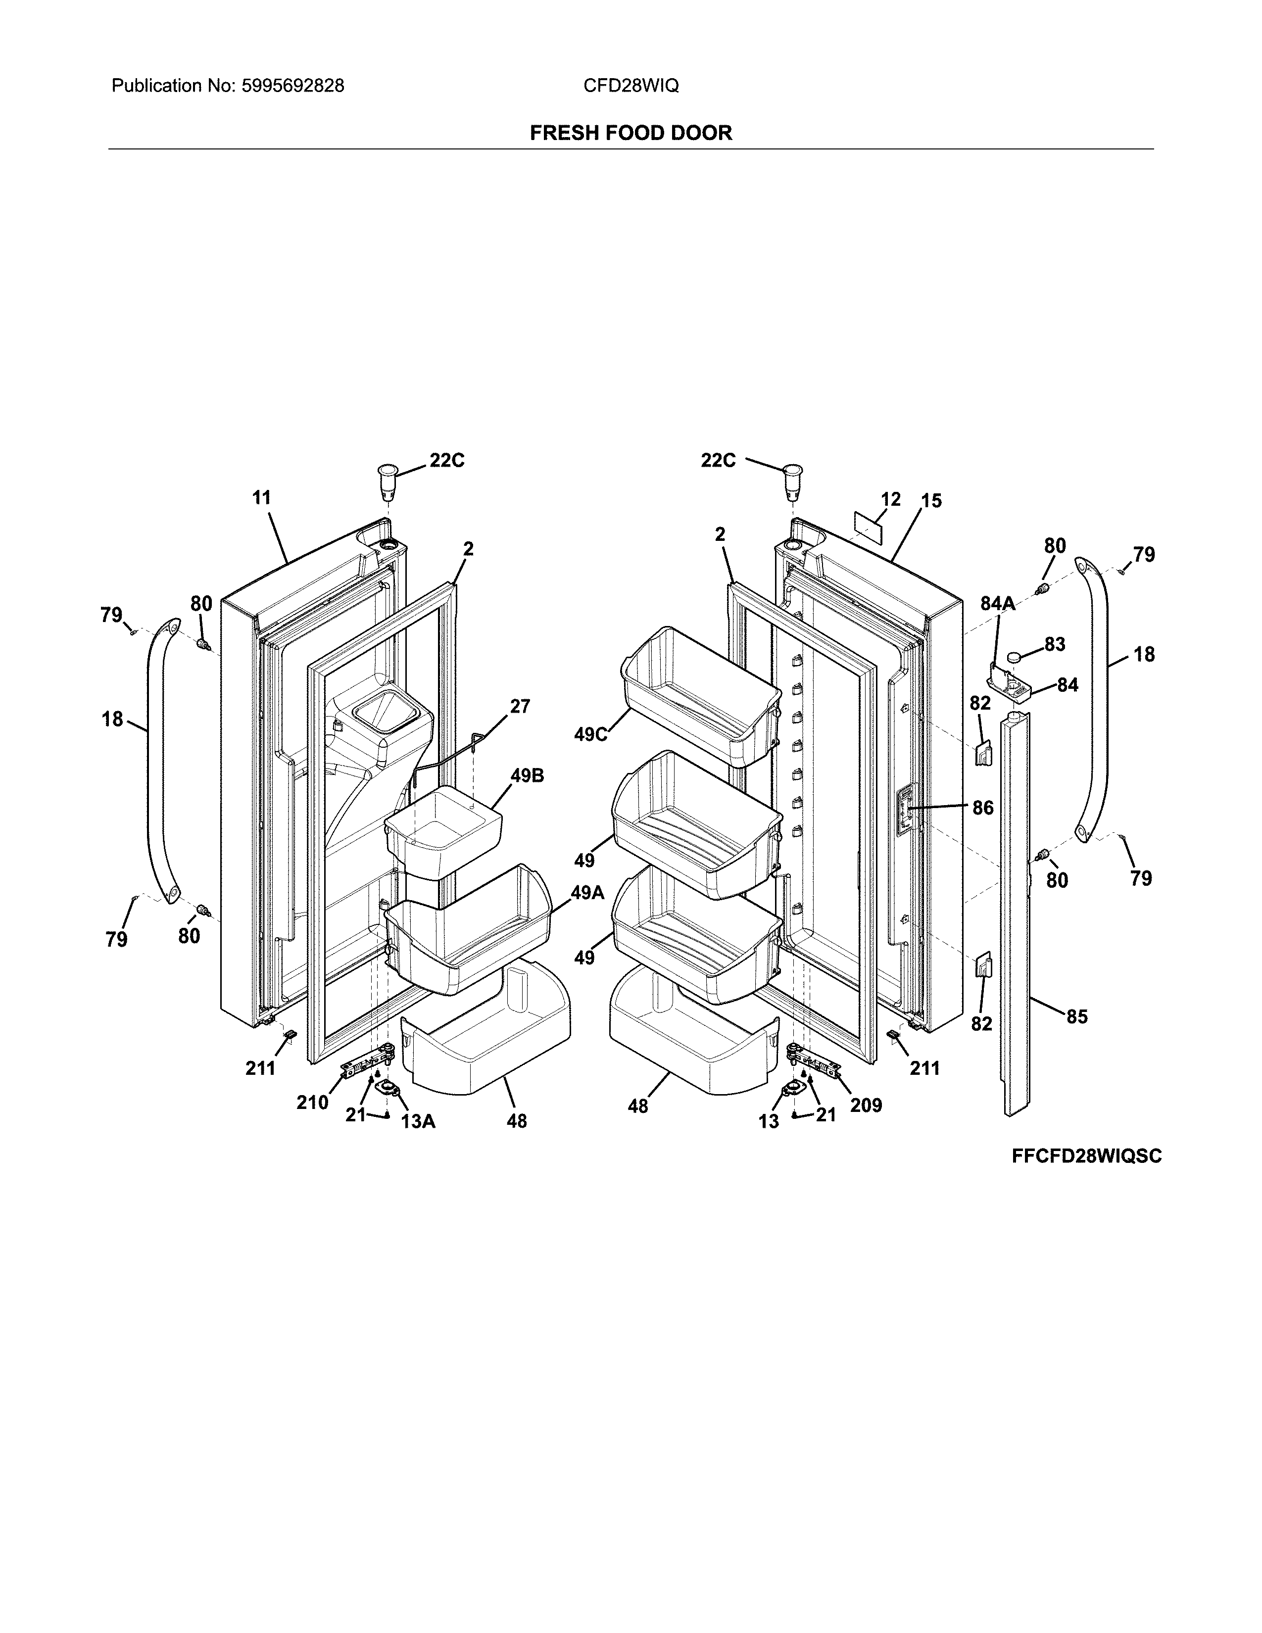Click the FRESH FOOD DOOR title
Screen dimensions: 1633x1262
(630, 133)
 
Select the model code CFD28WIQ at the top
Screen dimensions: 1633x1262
(630, 86)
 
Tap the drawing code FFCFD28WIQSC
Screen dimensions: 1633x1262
(1086, 1156)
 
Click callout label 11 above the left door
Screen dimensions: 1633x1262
(261, 497)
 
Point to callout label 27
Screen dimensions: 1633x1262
(520, 706)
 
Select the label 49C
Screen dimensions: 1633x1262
(590, 735)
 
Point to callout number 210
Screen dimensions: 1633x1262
(312, 1102)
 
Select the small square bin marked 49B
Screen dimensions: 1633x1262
(442, 830)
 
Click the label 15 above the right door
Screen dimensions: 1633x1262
(931, 501)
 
